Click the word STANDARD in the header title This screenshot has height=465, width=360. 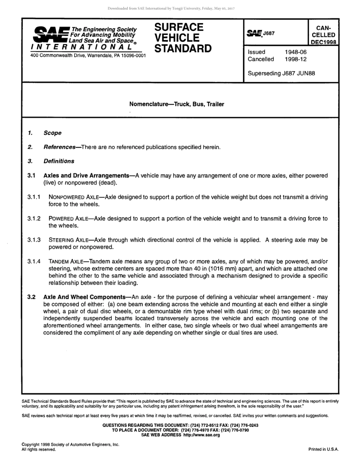point(183,49)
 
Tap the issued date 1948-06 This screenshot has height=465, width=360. point(296,52)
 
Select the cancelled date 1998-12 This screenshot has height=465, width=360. point(296,59)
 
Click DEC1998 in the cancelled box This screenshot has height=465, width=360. point(323,42)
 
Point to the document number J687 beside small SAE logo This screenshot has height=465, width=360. point(269,33)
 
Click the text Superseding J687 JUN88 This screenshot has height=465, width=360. point(281,73)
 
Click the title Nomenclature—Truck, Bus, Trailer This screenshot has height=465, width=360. point(177,104)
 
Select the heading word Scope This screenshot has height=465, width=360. point(52,133)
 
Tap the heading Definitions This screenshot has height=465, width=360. point(59,161)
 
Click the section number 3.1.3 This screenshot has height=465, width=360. point(34,240)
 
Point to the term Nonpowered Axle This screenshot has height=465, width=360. point(73,197)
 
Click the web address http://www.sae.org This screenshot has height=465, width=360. point(201,435)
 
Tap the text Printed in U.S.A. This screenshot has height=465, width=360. point(323,449)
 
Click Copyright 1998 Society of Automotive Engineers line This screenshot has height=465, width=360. point(70,445)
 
